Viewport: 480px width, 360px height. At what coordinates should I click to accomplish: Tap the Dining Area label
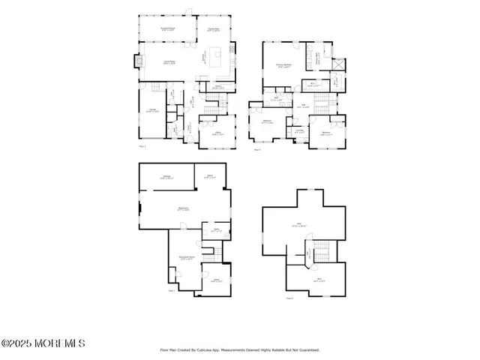[x=213, y=29]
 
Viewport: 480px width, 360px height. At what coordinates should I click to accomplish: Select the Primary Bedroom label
[x=283, y=65]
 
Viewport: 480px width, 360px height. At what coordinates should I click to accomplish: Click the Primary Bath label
[x=317, y=54]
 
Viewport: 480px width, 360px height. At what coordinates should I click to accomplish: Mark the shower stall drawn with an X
[x=337, y=65]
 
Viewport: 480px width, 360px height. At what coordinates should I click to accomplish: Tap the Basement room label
[x=182, y=209]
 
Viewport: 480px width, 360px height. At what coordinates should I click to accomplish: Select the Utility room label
[x=217, y=231]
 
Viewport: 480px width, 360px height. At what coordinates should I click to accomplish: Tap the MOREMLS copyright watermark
[x=43, y=343]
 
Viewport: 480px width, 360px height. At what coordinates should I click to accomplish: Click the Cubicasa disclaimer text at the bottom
[x=240, y=349]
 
